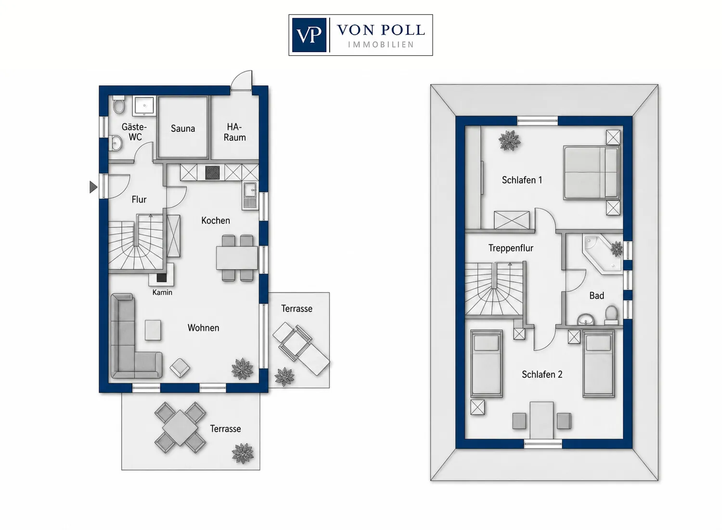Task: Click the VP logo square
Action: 309,35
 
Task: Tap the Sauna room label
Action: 183,128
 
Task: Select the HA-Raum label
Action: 235,132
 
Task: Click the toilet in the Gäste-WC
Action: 118,105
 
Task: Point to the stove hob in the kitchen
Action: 212,172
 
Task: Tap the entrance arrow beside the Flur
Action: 93,187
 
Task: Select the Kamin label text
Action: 162,292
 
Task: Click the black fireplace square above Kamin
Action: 161,278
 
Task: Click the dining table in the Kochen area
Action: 237,258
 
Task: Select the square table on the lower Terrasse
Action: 180,427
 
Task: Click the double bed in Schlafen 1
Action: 591,172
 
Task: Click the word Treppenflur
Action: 511,248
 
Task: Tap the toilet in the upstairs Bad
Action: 611,315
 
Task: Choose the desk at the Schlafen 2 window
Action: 541,420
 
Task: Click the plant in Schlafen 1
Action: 510,140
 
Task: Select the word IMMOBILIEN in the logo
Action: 381,45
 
